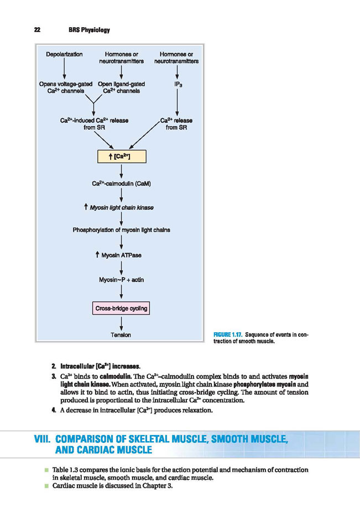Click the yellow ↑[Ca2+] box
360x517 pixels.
tap(122, 156)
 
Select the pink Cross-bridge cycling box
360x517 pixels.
tap(121, 309)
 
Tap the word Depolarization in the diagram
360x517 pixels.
tap(64, 54)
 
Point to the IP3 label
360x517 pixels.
tap(178, 85)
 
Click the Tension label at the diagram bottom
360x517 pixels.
tap(121, 335)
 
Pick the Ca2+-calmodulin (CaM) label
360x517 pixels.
tap(121, 184)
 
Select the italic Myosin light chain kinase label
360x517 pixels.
tap(119, 207)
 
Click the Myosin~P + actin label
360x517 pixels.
tap(121, 280)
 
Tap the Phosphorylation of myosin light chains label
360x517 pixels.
tap(121, 230)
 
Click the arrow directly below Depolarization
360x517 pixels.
tap(64, 69)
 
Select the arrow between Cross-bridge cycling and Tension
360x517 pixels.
tap(121, 323)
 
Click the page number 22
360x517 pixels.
tap(37, 30)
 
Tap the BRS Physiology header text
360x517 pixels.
tap(90, 30)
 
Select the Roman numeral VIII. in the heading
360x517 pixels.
tap(43, 439)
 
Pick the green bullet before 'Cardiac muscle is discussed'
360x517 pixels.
tap(46, 485)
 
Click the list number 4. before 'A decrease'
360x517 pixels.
tap(54, 410)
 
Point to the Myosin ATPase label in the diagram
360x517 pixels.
tap(118, 255)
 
